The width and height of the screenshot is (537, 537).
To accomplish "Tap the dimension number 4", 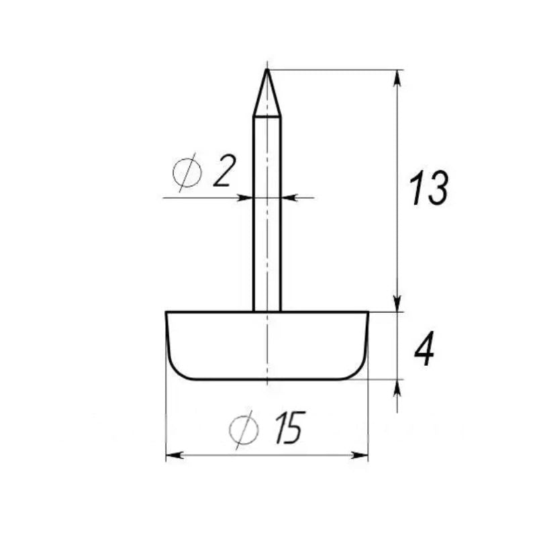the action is coord(424,348).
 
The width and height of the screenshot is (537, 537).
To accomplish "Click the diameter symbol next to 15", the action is coord(244,430).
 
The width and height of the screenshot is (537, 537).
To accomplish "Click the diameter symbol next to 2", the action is coord(187,173).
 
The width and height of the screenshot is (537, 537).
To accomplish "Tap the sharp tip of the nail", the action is coord(267,70).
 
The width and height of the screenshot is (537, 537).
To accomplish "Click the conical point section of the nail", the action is coord(267,93).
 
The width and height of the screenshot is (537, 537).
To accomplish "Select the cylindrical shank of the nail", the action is coord(267,214).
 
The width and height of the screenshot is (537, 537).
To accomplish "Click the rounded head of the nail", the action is coord(267,346).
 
